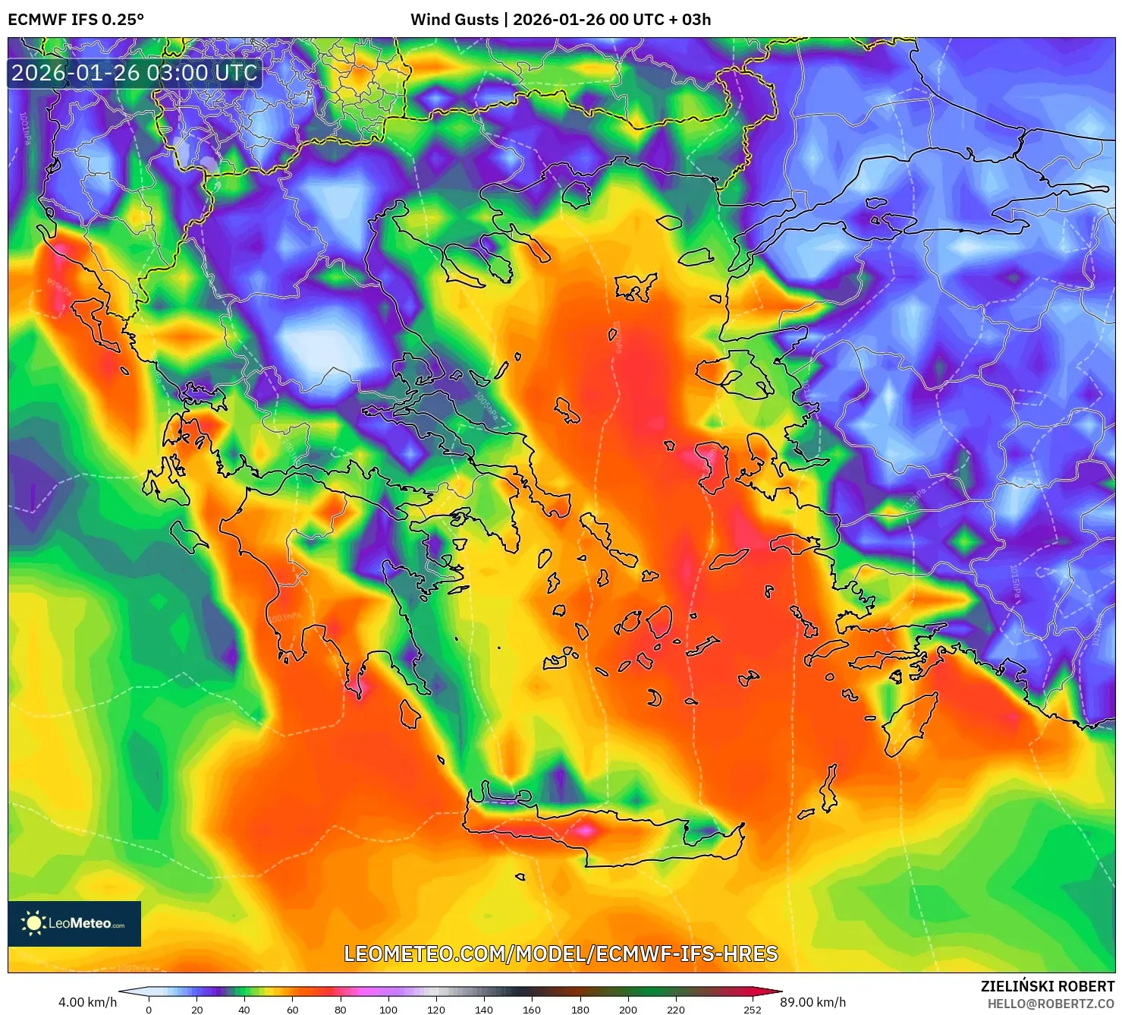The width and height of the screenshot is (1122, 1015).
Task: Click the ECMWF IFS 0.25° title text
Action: pyautogui.click(x=76, y=20)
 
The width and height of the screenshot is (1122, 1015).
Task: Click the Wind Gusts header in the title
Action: pyautogui.click(x=454, y=20)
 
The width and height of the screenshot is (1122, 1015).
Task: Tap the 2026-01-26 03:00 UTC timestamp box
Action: pyautogui.click(x=134, y=73)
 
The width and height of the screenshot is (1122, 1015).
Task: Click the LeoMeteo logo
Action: pyautogui.click(x=74, y=923)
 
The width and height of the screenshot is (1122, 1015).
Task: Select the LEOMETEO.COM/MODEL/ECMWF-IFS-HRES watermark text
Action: pyautogui.click(x=561, y=954)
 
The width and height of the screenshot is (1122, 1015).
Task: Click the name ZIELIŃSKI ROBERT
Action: pyautogui.click(x=1047, y=986)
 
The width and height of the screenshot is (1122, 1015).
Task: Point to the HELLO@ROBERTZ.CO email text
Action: pyautogui.click(x=1050, y=1004)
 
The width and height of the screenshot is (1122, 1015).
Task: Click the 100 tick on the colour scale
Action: pyautogui.click(x=388, y=1010)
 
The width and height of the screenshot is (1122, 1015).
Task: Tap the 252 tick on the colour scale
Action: pyautogui.click(x=752, y=1010)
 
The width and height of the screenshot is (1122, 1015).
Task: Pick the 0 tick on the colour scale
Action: pyautogui.click(x=149, y=1010)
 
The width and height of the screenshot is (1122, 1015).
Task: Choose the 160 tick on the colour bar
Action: pyautogui.click(x=532, y=1010)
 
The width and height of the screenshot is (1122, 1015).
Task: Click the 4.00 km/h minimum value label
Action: pyautogui.click(x=87, y=1002)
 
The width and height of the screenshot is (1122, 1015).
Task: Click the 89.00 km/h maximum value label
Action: pyautogui.click(x=812, y=1002)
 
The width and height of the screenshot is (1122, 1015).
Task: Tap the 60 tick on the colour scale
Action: pyautogui.click(x=292, y=1010)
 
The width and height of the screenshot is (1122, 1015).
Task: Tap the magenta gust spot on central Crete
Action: pyautogui.click(x=584, y=831)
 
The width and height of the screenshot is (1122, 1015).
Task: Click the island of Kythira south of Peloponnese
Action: pyautogui.click(x=410, y=714)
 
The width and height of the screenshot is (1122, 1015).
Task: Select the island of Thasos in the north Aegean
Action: pyautogui.click(x=668, y=222)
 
